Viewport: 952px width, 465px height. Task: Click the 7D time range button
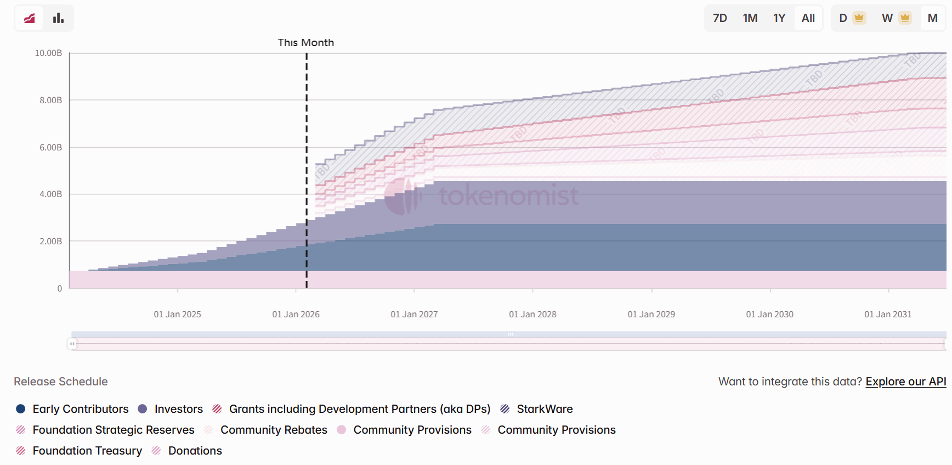[x=719, y=18]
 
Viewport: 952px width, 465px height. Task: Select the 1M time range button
[x=750, y=18]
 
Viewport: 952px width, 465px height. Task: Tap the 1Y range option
[x=779, y=18]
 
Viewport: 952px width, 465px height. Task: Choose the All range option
[x=808, y=18]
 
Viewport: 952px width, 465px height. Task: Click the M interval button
[x=932, y=18]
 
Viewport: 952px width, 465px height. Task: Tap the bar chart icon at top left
[x=58, y=18]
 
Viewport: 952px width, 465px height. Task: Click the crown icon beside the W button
[x=905, y=18]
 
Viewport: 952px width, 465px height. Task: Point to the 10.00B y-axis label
[x=48, y=53]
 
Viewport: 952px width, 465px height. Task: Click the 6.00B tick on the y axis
[x=50, y=148]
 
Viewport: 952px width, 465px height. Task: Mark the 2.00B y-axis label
[x=50, y=242]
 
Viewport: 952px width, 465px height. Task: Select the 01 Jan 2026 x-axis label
[x=296, y=315]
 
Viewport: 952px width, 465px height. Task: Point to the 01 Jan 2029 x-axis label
[x=651, y=315]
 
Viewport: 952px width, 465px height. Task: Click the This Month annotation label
[x=305, y=43]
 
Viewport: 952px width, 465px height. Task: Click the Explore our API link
[x=905, y=382]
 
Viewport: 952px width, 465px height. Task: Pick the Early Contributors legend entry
[x=80, y=409]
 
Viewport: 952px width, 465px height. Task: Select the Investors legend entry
[x=178, y=409]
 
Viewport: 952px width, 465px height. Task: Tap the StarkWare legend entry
[x=544, y=409]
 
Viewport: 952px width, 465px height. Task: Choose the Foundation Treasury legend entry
[x=87, y=451]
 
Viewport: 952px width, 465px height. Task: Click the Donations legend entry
[x=195, y=451]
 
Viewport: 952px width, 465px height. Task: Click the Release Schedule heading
[x=60, y=382]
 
